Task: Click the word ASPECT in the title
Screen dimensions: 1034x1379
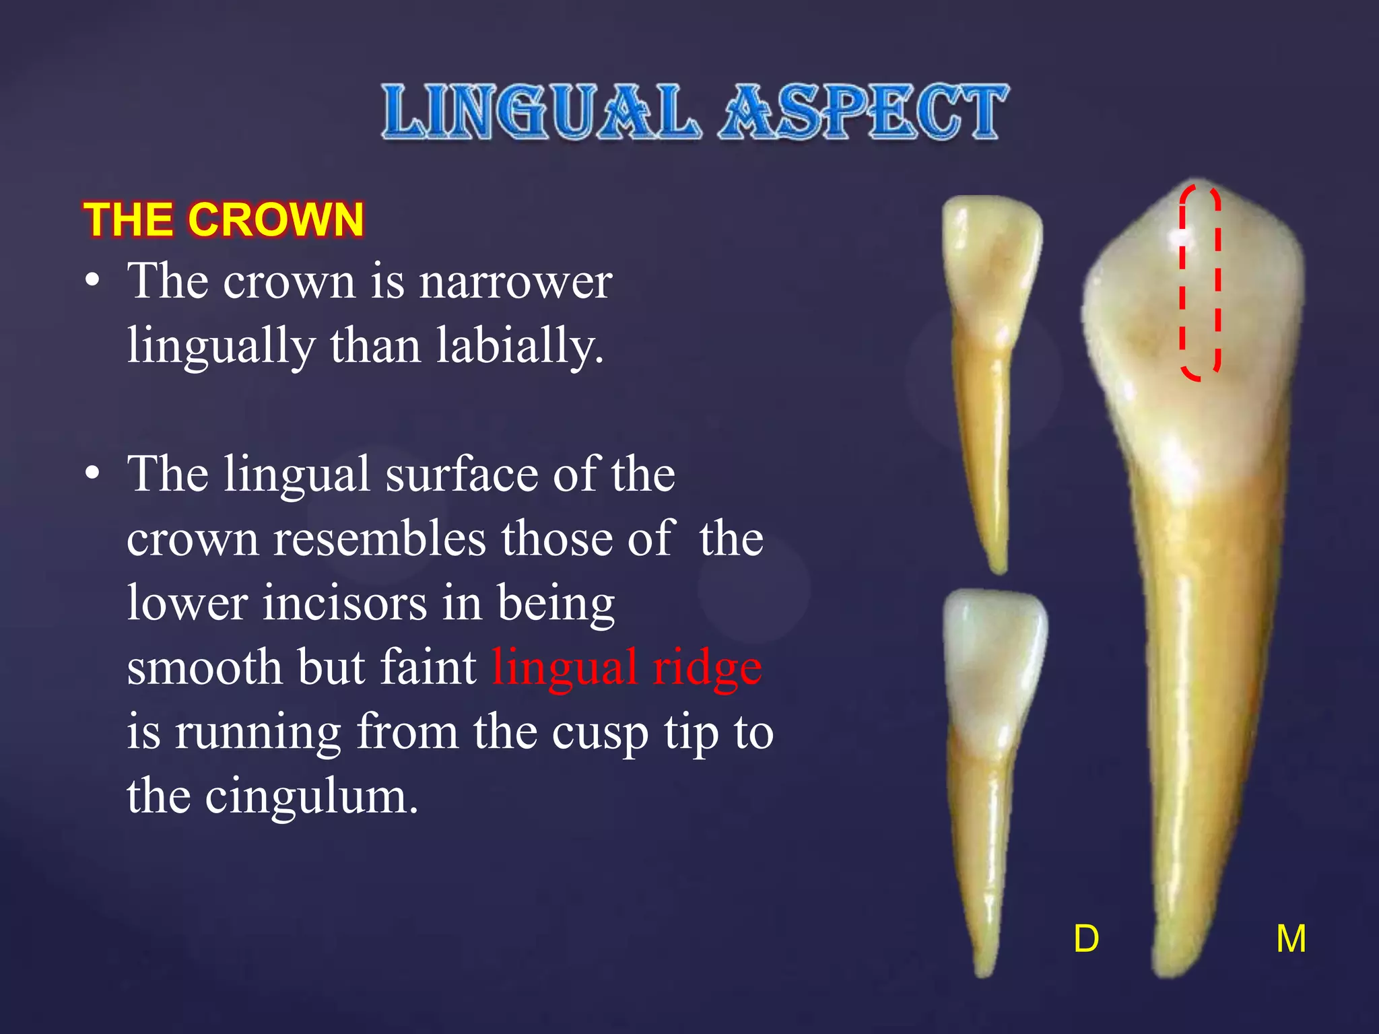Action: (864, 112)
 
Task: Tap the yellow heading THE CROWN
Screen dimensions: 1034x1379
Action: (224, 220)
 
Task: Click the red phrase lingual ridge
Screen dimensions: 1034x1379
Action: (627, 667)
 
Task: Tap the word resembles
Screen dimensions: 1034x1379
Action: (379, 539)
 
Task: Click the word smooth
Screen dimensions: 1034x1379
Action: (204, 667)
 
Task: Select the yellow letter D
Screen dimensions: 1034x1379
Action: (1086, 938)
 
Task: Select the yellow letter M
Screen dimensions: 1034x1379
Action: (1291, 938)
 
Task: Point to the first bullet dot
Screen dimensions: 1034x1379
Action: (92, 281)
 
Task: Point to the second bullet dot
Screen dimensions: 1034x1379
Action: (92, 474)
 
